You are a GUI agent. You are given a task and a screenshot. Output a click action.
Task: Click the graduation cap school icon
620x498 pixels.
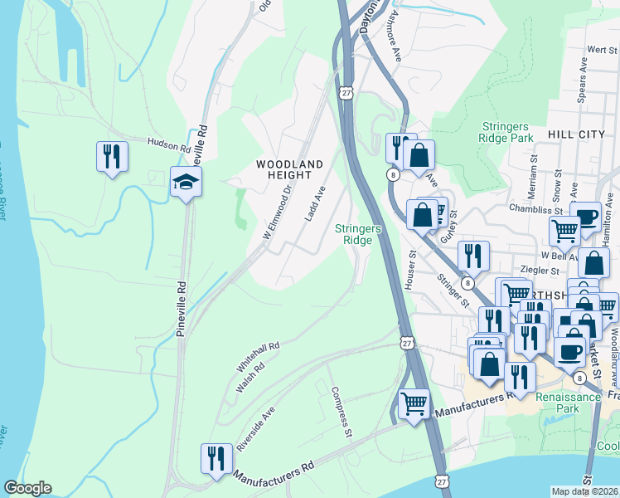186,182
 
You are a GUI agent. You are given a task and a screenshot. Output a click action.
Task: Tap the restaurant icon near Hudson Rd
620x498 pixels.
111,155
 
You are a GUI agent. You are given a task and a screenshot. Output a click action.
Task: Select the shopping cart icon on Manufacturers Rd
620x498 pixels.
414,404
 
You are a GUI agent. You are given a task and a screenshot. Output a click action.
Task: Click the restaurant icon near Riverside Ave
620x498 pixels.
215,458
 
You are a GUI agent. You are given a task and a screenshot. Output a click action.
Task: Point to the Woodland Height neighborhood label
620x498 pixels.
288,170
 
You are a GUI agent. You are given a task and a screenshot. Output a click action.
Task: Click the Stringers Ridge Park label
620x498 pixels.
506,132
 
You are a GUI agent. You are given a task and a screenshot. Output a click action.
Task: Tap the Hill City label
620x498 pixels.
574,134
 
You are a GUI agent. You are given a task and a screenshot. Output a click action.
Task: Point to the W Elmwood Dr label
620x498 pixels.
279,212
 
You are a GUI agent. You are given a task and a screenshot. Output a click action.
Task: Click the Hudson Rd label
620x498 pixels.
169,144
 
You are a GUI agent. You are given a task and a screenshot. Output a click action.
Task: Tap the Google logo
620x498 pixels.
27,488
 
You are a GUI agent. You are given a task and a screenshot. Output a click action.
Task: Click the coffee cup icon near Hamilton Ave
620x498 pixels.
586,217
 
